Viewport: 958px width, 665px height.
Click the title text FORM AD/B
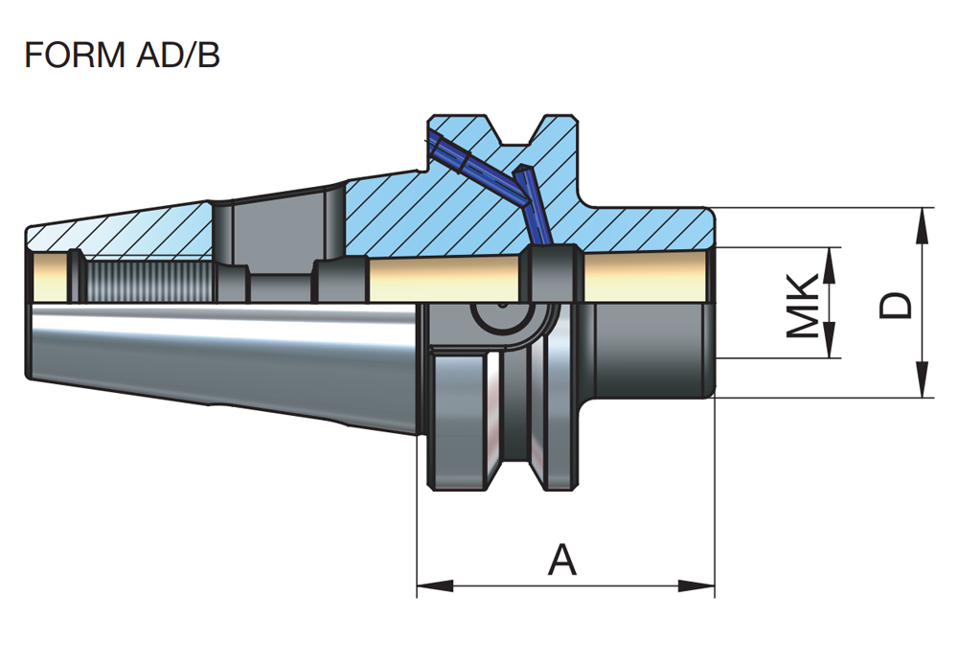click(x=122, y=55)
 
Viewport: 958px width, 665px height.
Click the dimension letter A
click(x=562, y=560)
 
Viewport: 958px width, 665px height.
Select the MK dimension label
click(x=803, y=305)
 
